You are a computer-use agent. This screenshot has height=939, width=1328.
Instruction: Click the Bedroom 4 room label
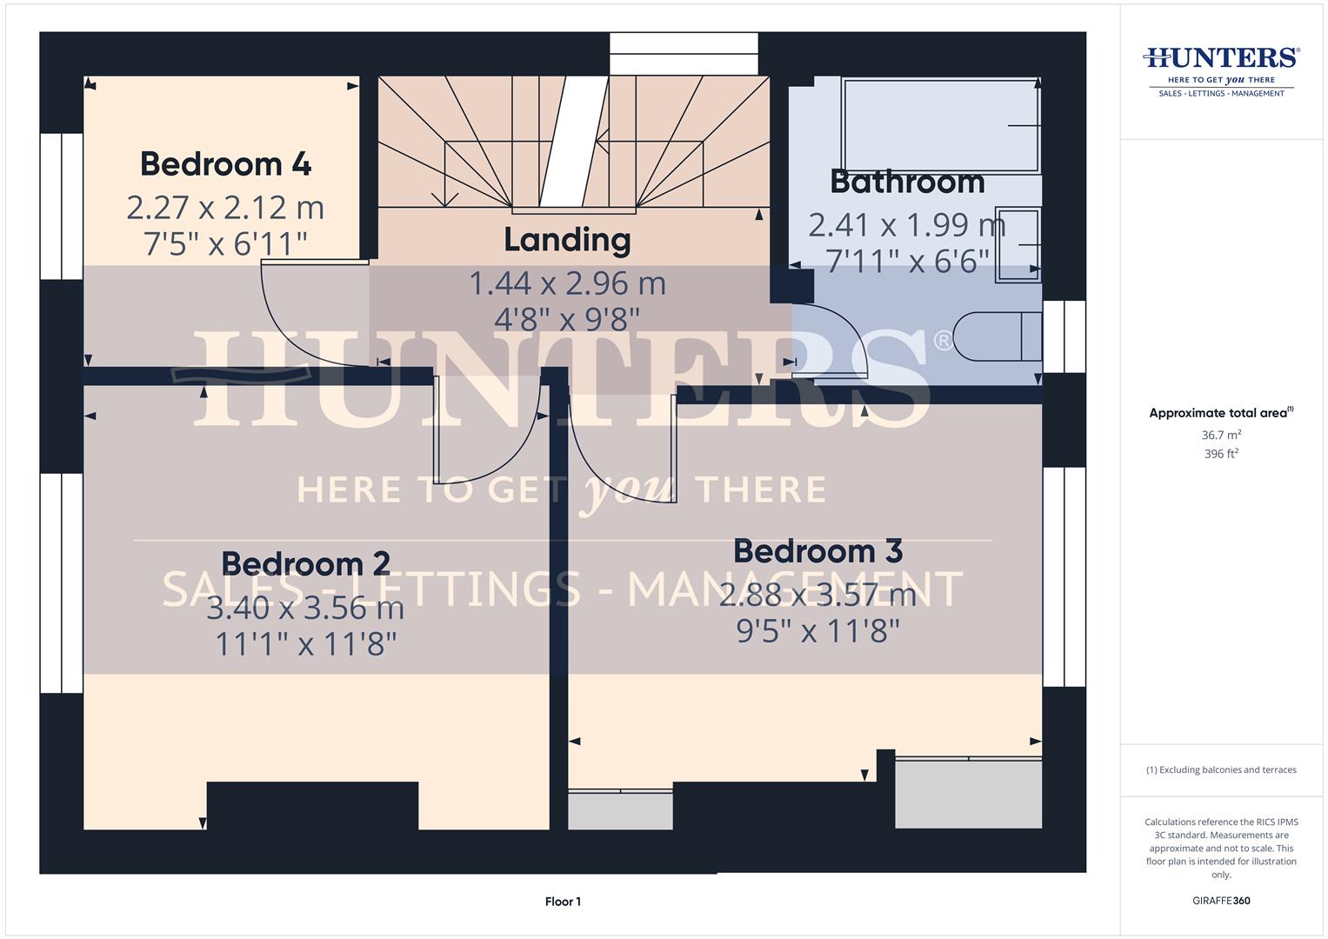(225, 164)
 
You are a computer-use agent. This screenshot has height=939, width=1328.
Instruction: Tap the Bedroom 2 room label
(305, 563)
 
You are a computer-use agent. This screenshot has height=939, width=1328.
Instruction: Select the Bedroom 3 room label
(817, 551)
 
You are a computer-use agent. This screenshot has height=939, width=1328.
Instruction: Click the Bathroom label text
(907, 182)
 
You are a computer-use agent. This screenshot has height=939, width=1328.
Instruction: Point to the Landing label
(567, 240)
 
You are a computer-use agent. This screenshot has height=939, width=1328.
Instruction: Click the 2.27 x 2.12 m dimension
(225, 208)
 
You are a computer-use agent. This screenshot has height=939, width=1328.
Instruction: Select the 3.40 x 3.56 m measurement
(305, 607)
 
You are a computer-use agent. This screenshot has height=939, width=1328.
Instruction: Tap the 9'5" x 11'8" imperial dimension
(817, 631)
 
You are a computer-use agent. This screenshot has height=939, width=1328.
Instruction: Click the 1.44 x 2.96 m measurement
(567, 283)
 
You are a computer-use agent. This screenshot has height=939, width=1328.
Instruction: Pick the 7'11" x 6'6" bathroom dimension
(907, 261)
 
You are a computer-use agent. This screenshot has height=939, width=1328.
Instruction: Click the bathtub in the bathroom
(940, 125)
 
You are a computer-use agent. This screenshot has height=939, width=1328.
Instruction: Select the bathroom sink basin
(1018, 244)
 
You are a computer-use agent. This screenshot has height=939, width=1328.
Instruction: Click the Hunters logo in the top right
(1221, 70)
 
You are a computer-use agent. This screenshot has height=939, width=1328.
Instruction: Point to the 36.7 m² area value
(1221, 435)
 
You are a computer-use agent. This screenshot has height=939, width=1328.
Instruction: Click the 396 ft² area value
(1221, 454)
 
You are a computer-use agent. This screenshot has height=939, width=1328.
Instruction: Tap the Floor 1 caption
(563, 902)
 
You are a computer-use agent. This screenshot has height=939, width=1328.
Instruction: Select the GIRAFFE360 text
(1221, 901)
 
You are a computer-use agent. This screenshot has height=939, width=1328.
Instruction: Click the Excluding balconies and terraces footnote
(1221, 769)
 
